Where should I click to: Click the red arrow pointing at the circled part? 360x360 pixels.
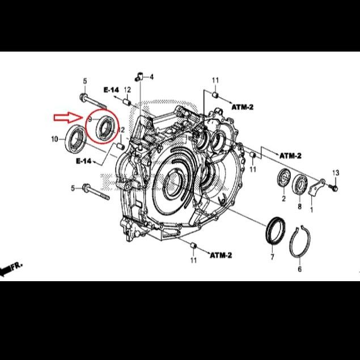(67, 118)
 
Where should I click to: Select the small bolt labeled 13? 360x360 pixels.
(334, 185)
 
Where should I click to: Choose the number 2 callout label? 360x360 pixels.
(283, 198)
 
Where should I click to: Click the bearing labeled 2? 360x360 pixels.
(283, 177)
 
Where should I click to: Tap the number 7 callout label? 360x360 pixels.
(272, 258)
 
